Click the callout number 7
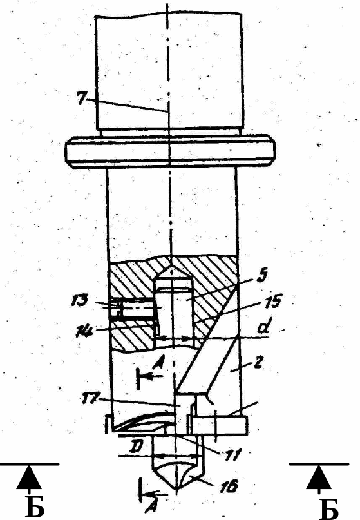pyautogui.click(x=82, y=99)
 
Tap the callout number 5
pyautogui.click(x=262, y=276)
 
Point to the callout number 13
pyautogui.click(x=79, y=300)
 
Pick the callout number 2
pyautogui.click(x=258, y=363)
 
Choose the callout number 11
pyautogui.click(x=232, y=455)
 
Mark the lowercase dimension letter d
pyautogui.click(x=263, y=327)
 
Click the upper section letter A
pyautogui.click(x=158, y=365)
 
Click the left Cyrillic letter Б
pyautogui.click(x=35, y=507)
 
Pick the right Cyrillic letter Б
pyautogui.click(x=329, y=507)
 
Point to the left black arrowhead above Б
pyautogui.click(x=29, y=477)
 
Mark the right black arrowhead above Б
pyautogui.click(x=319, y=477)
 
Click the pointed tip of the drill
pyautogui.click(x=176, y=490)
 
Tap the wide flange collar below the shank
pyautogui.click(x=171, y=151)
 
